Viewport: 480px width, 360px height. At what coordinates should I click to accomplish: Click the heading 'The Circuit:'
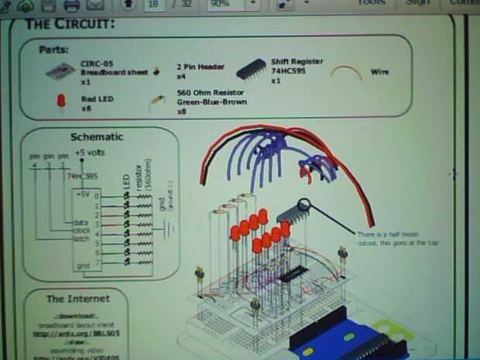click(70, 23)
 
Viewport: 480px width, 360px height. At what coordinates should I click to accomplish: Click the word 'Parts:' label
click(53, 50)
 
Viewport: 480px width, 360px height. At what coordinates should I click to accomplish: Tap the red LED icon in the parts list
click(60, 101)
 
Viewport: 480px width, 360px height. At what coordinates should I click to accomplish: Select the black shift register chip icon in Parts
click(251, 70)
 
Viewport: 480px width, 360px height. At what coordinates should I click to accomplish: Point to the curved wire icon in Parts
click(346, 72)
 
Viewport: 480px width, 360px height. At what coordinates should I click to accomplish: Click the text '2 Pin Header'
click(201, 67)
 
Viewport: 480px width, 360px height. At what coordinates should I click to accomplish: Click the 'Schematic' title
click(96, 137)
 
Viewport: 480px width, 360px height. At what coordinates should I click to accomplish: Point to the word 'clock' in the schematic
click(81, 230)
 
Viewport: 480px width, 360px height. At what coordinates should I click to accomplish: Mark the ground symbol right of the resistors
click(167, 228)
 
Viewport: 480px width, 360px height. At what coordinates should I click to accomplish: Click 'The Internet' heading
click(77, 298)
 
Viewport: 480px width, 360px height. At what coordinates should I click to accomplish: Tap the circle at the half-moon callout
click(304, 205)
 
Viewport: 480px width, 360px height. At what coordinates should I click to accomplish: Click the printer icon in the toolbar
click(72, 5)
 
